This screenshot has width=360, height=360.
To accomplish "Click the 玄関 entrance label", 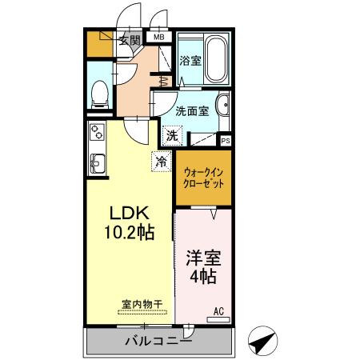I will [130, 40].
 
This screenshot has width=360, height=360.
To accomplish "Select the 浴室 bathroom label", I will [190, 61].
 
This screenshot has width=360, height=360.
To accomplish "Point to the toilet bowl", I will [100, 93].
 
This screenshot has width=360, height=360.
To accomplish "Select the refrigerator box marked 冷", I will [162, 162].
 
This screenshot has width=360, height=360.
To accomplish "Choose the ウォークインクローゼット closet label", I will [203, 177].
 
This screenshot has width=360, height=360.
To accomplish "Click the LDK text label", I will [128, 214].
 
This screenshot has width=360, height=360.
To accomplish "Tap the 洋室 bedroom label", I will [202, 260].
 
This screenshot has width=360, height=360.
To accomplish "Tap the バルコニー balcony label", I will [158, 342].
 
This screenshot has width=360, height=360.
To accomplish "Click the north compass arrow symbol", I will [262, 340].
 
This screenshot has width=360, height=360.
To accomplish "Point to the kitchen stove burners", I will [97, 131].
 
